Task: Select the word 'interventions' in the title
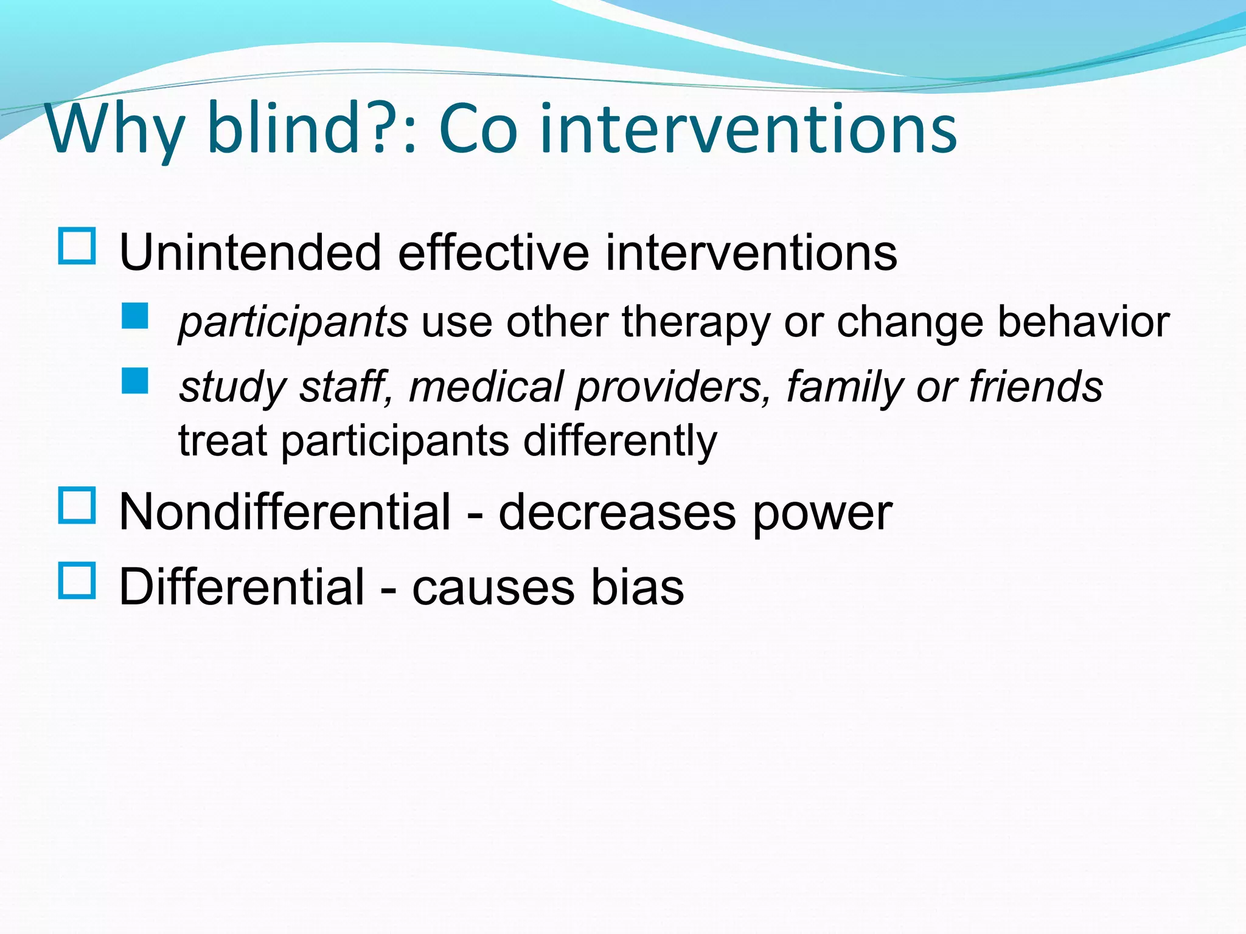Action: click(x=748, y=129)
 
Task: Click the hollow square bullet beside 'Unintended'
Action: click(x=77, y=246)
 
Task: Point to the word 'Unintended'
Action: click(x=250, y=252)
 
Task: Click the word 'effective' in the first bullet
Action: click(x=493, y=252)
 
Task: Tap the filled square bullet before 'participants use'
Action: click(x=134, y=316)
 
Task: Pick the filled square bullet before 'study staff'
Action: click(x=134, y=381)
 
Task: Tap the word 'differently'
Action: click(x=620, y=441)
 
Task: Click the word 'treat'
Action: click(x=223, y=441)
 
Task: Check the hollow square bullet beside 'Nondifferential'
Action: click(x=77, y=505)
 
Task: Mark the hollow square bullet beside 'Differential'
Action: click(x=77, y=581)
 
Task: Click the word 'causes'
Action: click(x=493, y=589)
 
